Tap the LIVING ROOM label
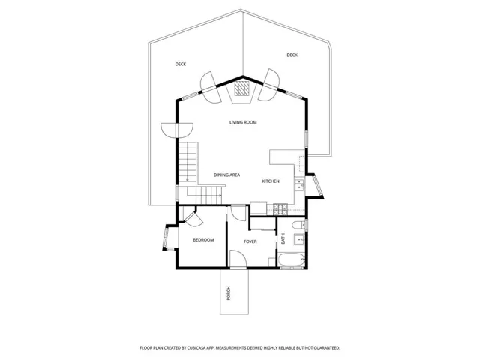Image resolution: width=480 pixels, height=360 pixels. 243,121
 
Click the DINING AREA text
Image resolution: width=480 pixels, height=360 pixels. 226,175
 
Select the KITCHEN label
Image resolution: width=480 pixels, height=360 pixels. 271,181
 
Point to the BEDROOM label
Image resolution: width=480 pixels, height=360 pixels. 203,240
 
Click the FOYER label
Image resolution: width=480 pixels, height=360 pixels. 250,241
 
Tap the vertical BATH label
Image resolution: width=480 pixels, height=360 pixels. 283,240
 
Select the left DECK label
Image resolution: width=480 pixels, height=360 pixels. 181,64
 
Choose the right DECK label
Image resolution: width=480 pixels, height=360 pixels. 292,55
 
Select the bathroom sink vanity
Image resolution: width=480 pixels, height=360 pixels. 299,240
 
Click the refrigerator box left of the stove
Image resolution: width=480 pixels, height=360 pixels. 259,208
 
